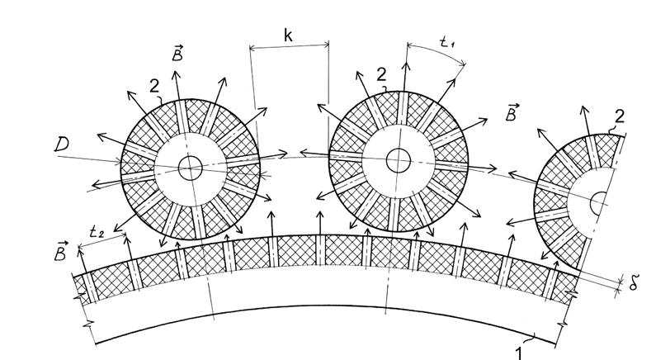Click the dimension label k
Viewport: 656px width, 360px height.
[x=288, y=36]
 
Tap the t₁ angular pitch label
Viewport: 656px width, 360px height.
[x=448, y=42]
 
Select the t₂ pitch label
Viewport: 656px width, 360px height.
[x=97, y=231]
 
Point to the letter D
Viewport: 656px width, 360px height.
[x=62, y=144]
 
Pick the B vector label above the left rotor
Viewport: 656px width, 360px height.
[x=177, y=54]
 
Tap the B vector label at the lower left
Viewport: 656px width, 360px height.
[x=61, y=251]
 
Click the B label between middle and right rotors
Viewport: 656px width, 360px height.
[x=512, y=113]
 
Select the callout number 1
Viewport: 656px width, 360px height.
[x=519, y=353]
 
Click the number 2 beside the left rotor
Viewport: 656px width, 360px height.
[x=154, y=86]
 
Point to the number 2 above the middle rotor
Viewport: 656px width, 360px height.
[x=381, y=75]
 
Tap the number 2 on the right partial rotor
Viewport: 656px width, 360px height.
[x=620, y=116]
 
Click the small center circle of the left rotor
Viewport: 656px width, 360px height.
[x=191, y=168]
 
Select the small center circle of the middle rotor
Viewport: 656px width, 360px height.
[x=399, y=160]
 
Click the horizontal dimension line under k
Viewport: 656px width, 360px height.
[x=289, y=46]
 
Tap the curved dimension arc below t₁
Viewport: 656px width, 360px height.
[x=436, y=50]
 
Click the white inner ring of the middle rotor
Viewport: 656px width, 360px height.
[x=399, y=130]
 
